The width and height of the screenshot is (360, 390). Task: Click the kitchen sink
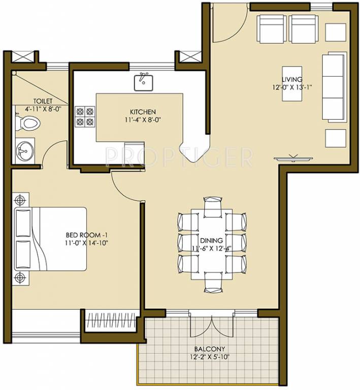click(144, 82)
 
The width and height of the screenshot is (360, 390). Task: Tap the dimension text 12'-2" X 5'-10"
click(209, 357)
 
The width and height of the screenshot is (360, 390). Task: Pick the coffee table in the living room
click(292, 83)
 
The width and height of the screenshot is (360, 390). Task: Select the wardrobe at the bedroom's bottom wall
click(110, 321)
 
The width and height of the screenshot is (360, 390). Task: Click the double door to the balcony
click(212, 326)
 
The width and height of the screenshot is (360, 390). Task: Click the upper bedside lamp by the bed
click(20, 198)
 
